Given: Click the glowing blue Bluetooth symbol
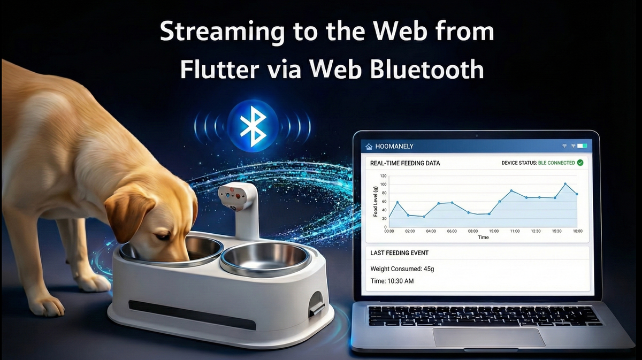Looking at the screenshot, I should click(x=252, y=126).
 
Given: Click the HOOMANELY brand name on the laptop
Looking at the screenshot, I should click(x=394, y=146).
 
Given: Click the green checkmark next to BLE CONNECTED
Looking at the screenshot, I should click(x=580, y=163).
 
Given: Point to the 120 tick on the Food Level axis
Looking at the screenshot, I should click(x=383, y=175).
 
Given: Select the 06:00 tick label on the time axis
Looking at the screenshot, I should click(x=452, y=231).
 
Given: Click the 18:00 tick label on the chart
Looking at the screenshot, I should click(x=577, y=231).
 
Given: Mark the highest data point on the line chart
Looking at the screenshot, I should click(x=565, y=184).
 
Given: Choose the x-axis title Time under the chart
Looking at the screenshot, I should click(x=483, y=237).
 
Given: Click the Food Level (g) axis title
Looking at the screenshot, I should click(x=376, y=201).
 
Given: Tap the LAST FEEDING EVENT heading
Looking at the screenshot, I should click(x=399, y=252).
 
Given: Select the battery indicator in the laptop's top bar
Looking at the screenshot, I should click(x=582, y=146).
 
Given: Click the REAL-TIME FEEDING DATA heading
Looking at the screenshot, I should click(x=405, y=163).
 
